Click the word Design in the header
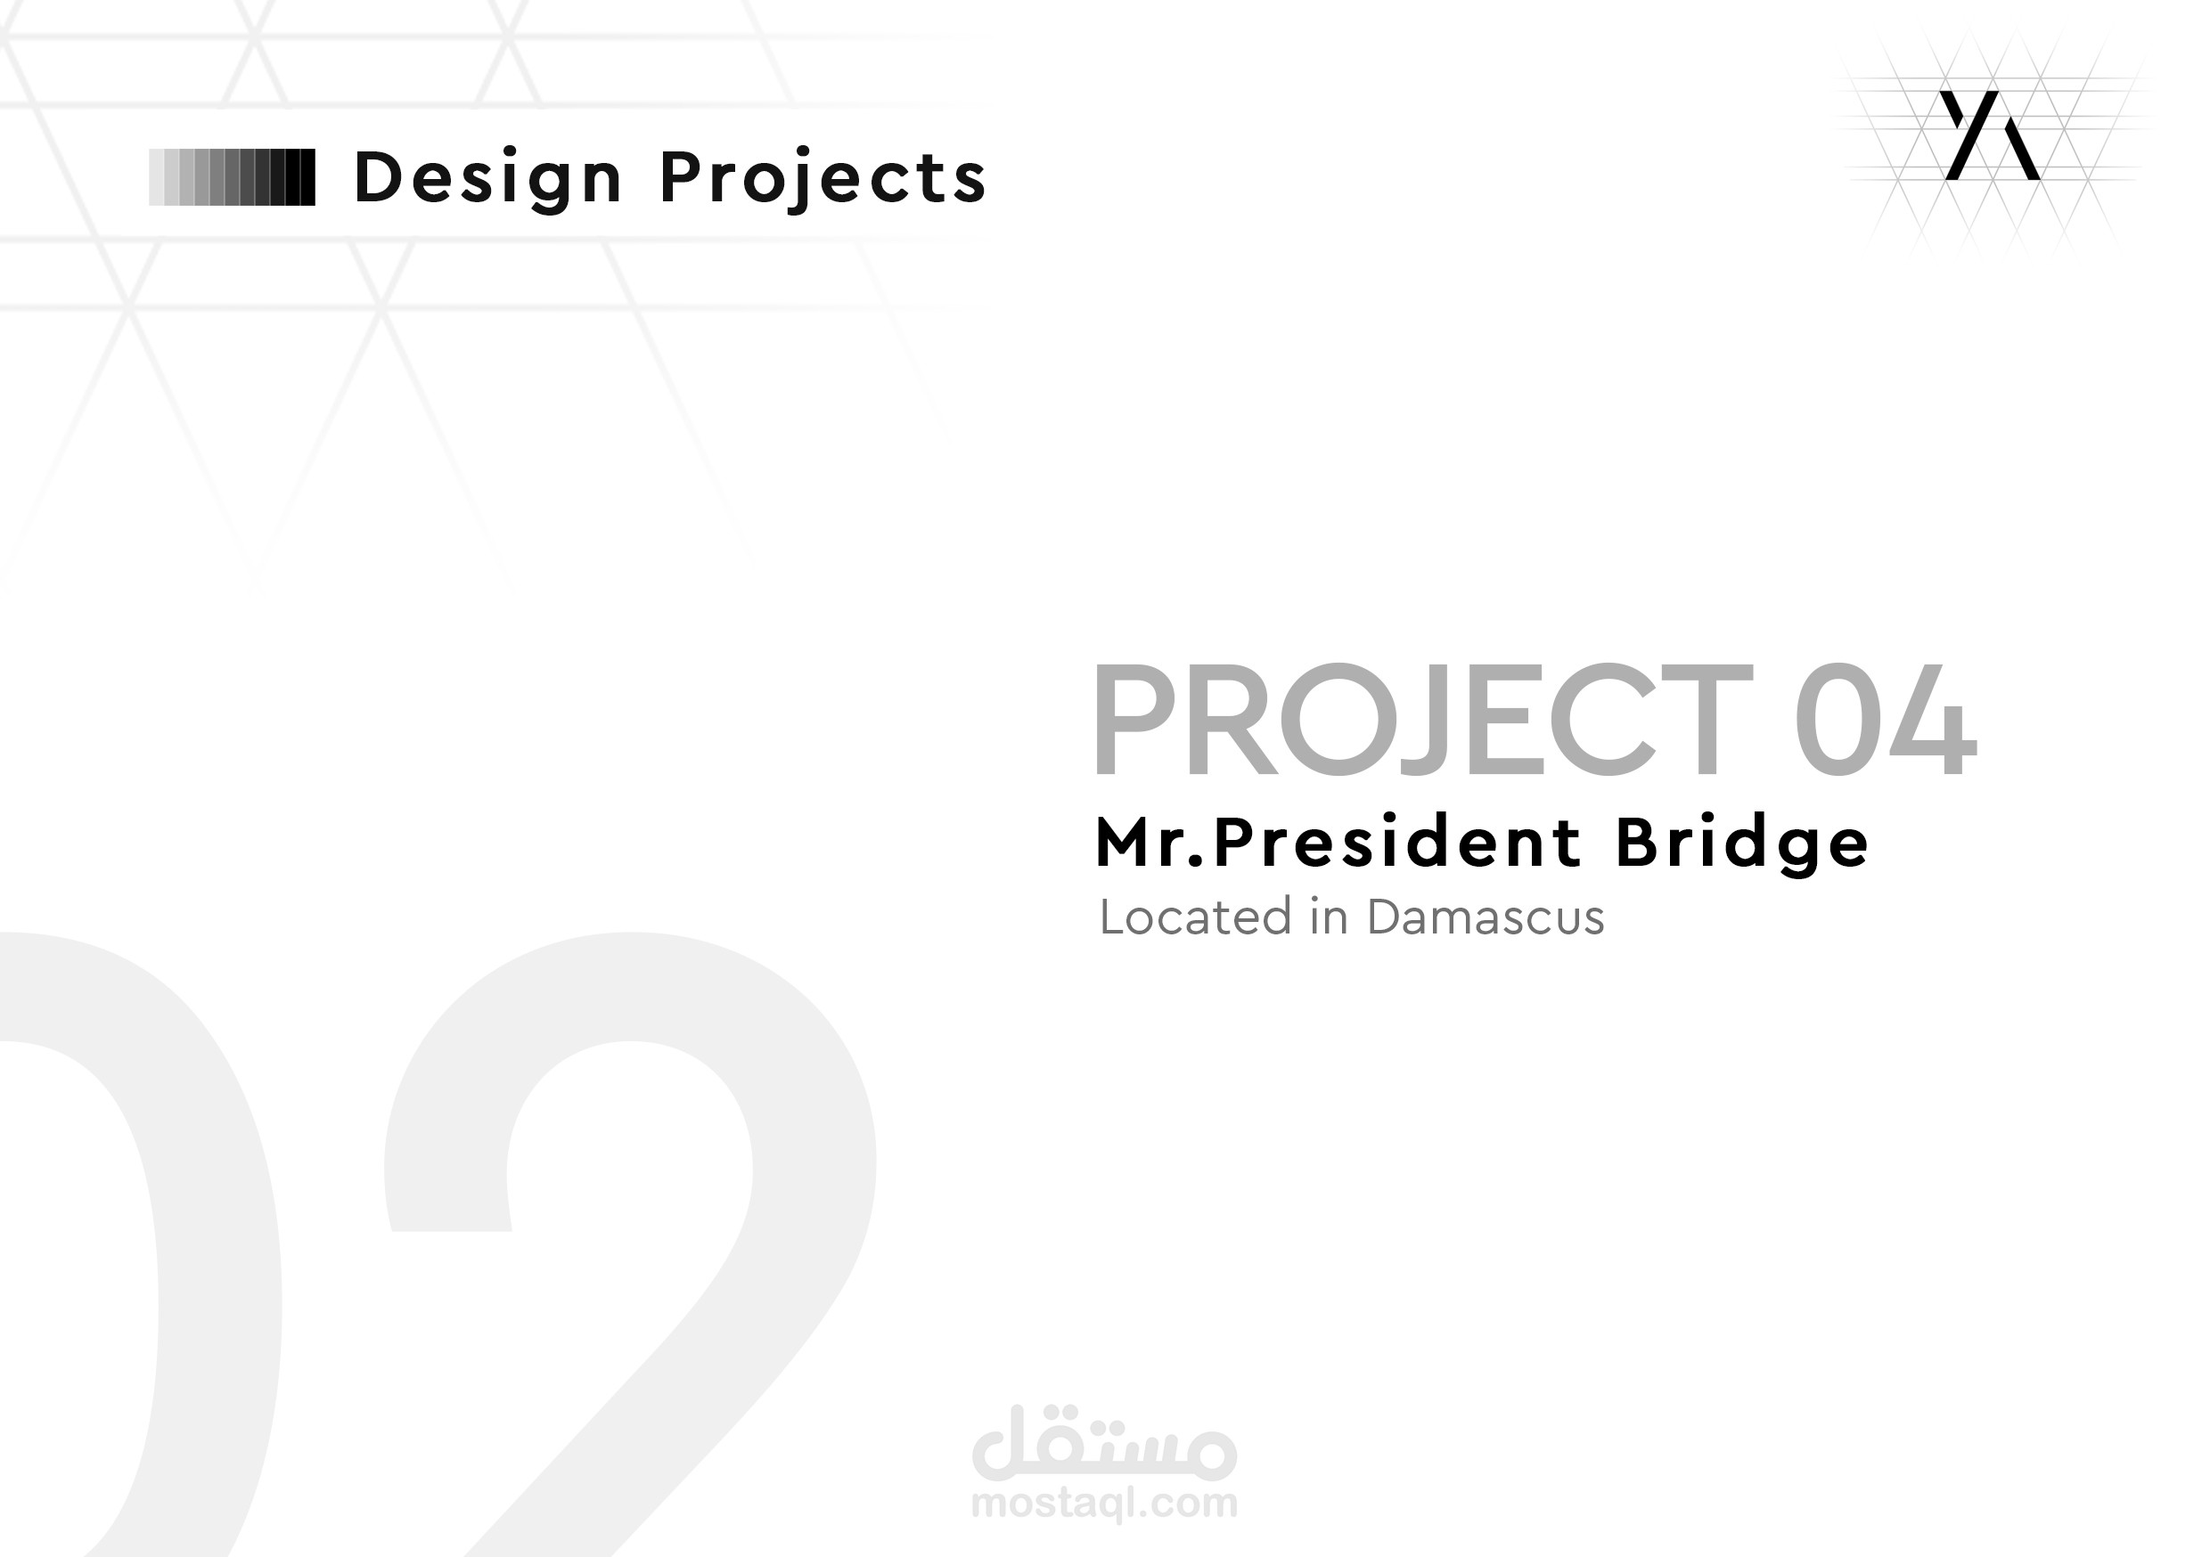[x=488, y=179]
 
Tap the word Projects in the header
[x=823, y=179]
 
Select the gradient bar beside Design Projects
[x=232, y=177]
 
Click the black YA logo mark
[x=1990, y=135]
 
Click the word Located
[x=1194, y=917]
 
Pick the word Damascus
[x=1486, y=917]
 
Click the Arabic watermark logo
[x=1104, y=1445]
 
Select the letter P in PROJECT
[x=1131, y=720]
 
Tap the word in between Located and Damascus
[x=1329, y=917]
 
